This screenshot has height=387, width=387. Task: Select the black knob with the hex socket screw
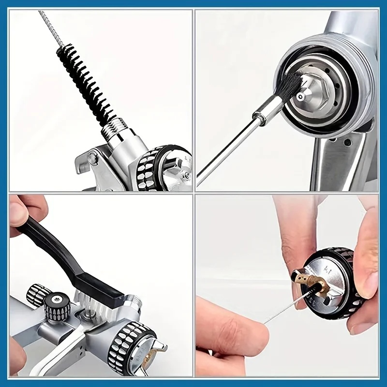click(x=57, y=308)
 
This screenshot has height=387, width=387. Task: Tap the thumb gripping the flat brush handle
click(x=22, y=213)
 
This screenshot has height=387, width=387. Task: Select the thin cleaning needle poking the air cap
click(x=285, y=310)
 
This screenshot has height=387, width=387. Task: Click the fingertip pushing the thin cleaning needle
click(x=252, y=334)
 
